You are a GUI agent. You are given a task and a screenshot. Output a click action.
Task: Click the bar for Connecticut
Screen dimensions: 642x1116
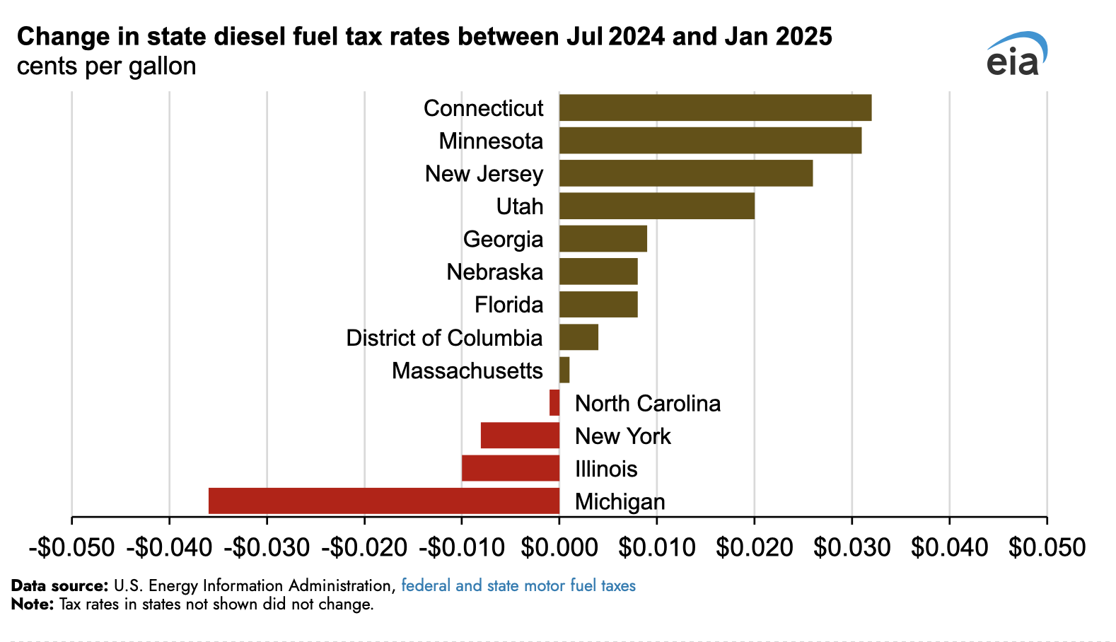[715, 107]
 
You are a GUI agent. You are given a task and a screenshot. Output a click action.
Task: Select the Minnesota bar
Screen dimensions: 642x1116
[710, 140]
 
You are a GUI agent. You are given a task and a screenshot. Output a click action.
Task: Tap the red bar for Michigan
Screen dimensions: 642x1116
[384, 501]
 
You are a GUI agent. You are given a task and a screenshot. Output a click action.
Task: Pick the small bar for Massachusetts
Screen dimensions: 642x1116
[564, 370]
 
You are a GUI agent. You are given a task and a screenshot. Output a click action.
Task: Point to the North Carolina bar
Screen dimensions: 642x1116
[554, 402]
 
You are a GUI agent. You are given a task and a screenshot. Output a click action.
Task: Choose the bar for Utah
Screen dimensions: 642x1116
[657, 206]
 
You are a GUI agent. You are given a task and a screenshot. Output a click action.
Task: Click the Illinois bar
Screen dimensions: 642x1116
[511, 468]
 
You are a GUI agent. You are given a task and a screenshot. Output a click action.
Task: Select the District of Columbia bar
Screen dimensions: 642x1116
[579, 337]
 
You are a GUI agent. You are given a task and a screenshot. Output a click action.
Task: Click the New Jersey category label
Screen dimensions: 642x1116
[484, 173]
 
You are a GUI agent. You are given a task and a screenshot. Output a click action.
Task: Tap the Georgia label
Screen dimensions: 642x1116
[503, 239]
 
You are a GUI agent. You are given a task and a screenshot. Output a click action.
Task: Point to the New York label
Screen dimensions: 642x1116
[622, 436]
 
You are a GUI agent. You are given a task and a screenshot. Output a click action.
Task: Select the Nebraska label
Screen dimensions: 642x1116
[494, 272]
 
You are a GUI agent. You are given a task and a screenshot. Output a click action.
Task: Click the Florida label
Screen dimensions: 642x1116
[508, 305]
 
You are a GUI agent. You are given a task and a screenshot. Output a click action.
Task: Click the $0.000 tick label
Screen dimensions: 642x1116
[559, 547]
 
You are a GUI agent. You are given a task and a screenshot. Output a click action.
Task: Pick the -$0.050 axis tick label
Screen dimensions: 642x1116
[71, 547]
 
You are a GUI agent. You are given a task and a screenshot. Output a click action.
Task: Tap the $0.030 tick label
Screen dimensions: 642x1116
[852, 547]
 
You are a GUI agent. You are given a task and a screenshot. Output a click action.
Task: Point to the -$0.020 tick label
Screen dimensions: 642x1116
[364, 547]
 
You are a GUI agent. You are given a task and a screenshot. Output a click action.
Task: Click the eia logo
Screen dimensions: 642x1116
[1016, 54]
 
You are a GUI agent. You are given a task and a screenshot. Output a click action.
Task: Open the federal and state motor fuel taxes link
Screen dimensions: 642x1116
[518, 585]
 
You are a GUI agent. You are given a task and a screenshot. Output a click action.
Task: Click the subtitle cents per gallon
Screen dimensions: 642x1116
[106, 66]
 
